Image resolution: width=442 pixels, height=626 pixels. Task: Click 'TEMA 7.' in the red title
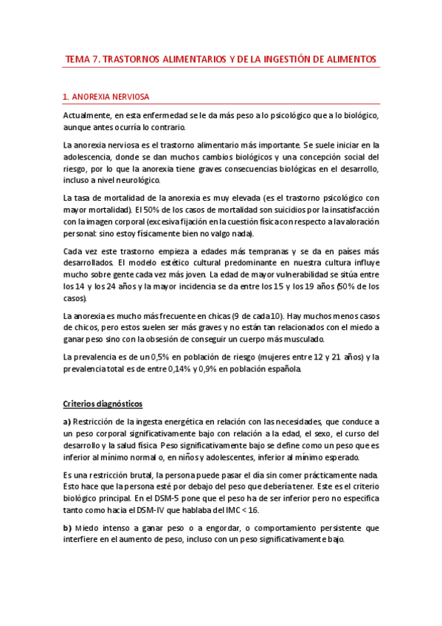pyautogui.click(x=83, y=59)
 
